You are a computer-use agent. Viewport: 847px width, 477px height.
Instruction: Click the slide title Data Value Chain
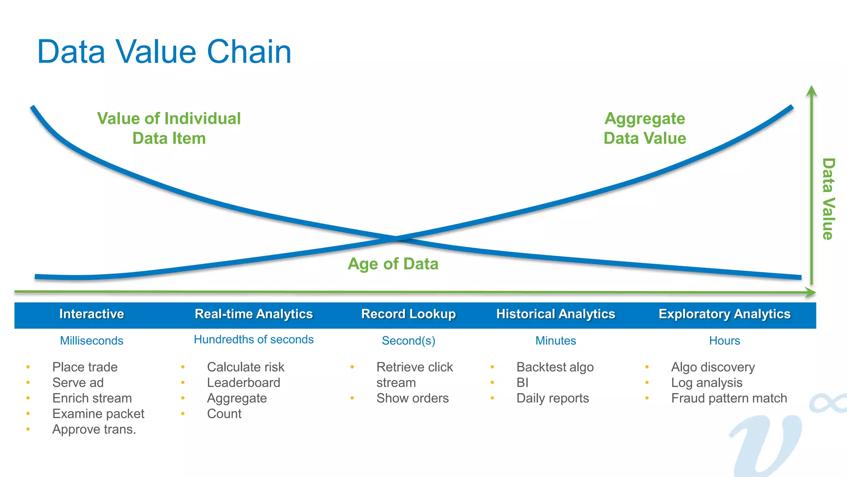click(x=164, y=52)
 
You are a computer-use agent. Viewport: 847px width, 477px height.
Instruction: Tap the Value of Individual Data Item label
click(x=169, y=128)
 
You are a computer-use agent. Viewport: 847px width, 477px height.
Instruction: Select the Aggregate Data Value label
click(x=645, y=128)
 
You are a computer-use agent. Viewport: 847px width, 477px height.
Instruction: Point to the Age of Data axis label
click(x=393, y=264)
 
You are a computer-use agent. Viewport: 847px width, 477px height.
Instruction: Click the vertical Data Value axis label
click(x=828, y=199)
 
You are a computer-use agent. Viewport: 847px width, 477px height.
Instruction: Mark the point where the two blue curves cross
click(x=395, y=238)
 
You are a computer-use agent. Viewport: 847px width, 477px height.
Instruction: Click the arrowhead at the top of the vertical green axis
click(x=811, y=90)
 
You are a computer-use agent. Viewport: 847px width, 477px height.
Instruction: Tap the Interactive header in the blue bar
click(x=91, y=314)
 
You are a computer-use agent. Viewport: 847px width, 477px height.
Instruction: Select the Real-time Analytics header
click(x=254, y=314)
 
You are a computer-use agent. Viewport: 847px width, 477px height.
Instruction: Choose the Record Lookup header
click(x=408, y=314)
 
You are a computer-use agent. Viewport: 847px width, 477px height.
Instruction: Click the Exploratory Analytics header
click(x=724, y=314)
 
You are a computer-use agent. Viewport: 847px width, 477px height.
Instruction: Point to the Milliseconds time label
click(x=91, y=340)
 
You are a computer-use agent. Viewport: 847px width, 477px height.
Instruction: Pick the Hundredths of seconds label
click(x=254, y=340)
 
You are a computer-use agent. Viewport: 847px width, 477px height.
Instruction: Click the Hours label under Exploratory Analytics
click(x=724, y=340)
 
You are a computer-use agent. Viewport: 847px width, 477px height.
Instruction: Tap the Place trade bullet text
click(x=85, y=367)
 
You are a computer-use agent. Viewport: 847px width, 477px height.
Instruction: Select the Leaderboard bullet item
click(x=243, y=383)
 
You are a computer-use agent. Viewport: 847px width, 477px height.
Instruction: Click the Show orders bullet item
click(x=412, y=398)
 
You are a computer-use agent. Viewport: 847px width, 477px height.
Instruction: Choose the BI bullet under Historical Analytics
click(x=522, y=383)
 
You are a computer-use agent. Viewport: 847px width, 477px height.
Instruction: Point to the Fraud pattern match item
click(x=729, y=398)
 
